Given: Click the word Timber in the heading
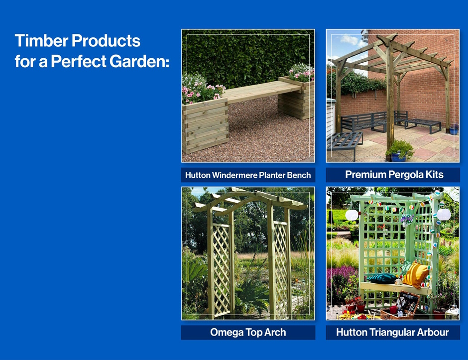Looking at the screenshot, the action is tap(41, 41).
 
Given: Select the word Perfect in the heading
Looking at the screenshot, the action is tap(79, 61).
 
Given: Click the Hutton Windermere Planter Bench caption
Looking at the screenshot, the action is tap(248, 175).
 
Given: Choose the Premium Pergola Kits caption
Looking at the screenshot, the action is tap(394, 175).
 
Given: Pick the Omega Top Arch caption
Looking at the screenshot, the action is tap(248, 332).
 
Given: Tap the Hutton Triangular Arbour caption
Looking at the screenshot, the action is tap(392, 332).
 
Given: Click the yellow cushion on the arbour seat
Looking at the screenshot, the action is tap(415, 275).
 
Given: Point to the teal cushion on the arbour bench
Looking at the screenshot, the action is tap(382, 278).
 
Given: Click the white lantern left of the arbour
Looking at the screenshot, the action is tap(351, 215).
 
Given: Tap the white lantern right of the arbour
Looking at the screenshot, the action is tap(444, 214).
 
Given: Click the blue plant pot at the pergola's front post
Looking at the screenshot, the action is tap(399, 156).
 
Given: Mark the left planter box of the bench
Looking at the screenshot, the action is tap(205, 125).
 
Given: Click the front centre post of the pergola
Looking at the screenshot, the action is tap(390, 99).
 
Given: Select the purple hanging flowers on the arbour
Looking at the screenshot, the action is tap(407, 220).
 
